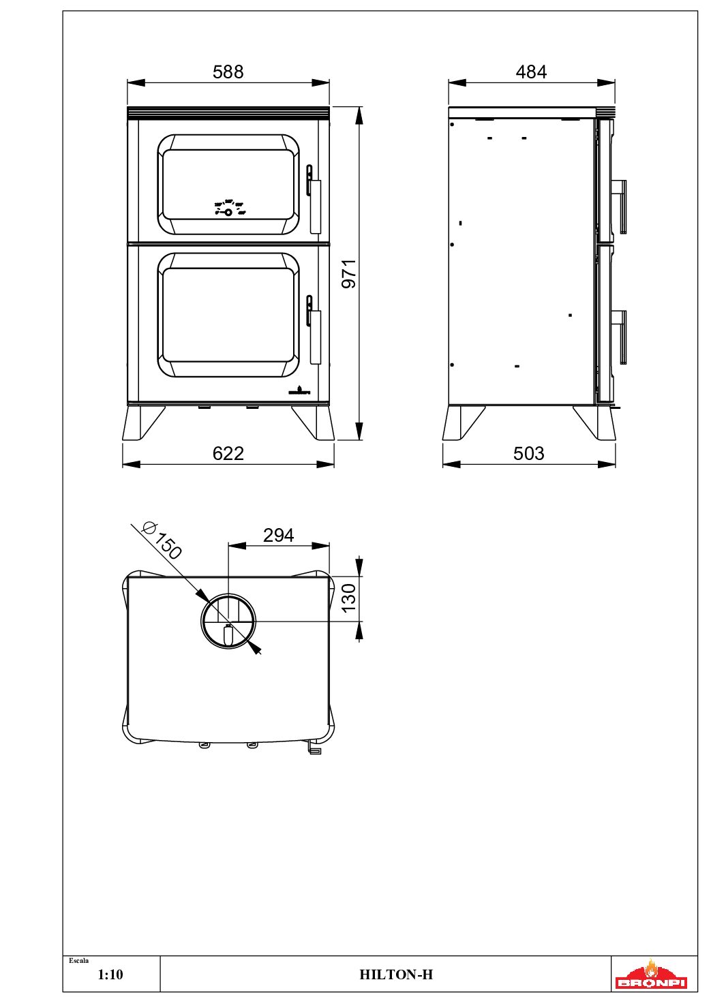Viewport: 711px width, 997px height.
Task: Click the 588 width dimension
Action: click(228, 72)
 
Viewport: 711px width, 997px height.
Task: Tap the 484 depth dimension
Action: click(531, 72)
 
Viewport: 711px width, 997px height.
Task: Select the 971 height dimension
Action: click(348, 273)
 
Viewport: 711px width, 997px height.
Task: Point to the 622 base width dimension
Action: click(228, 453)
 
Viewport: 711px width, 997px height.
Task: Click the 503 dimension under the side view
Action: click(528, 453)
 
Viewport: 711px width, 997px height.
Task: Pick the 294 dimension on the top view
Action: click(278, 535)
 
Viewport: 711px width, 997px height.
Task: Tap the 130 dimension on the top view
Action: click(348, 597)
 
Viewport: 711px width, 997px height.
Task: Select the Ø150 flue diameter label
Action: click(162, 540)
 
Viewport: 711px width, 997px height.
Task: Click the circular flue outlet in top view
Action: click(228, 621)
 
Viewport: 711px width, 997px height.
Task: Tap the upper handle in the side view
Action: click(620, 205)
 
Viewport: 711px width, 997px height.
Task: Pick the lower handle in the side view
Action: click(620, 336)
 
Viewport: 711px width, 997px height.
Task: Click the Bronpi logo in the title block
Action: click(651, 975)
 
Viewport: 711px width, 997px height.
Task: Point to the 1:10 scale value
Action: click(110, 975)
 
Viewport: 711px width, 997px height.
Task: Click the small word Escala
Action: click(78, 961)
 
